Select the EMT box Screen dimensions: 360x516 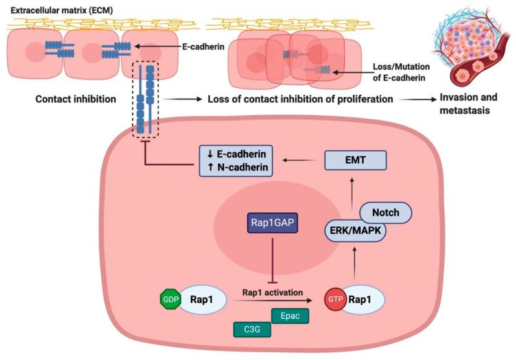(x=355, y=159)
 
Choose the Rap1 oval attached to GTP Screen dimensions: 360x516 (x=364, y=300)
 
